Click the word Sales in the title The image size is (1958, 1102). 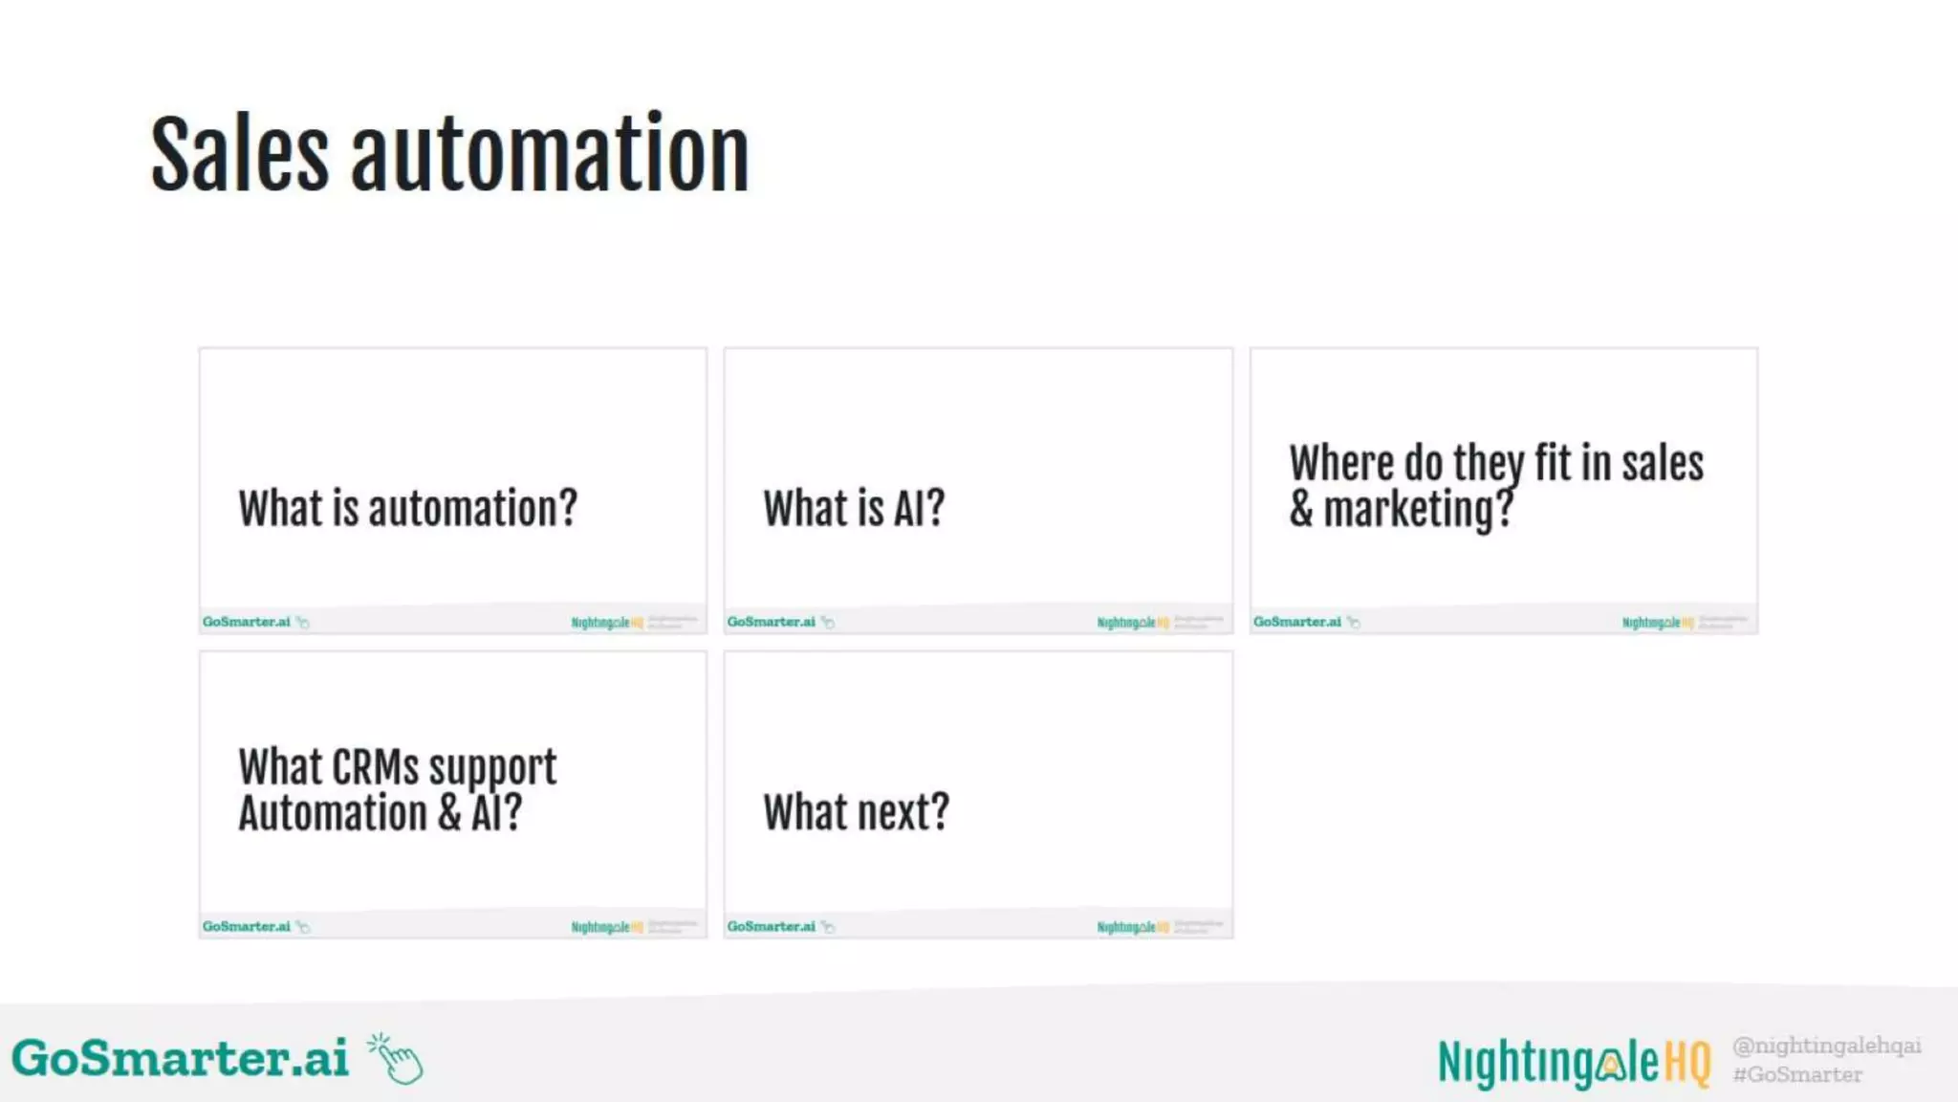(x=240, y=155)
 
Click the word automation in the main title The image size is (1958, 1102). (x=550, y=155)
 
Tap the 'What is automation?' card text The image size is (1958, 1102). (x=408, y=508)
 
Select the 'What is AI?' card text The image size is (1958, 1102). (x=854, y=508)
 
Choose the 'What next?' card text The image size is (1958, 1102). (x=856, y=812)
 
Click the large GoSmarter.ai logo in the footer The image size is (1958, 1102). (x=180, y=1058)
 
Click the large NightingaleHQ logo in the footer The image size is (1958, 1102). (x=1574, y=1062)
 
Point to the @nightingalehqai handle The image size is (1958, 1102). (x=1826, y=1046)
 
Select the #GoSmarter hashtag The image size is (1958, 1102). (x=1797, y=1075)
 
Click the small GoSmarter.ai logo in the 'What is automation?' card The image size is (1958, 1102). (x=246, y=622)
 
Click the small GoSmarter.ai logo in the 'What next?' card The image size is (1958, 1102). (x=771, y=926)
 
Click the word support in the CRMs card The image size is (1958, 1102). (x=491, y=767)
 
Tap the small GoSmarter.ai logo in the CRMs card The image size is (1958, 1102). (x=246, y=926)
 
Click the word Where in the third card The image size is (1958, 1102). (x=1340, y=464)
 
